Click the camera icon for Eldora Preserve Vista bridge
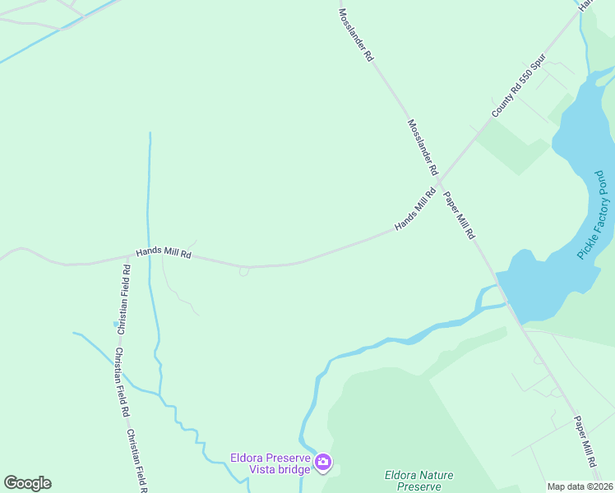click(322, 463)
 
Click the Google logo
click(27, 483)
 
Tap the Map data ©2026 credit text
click(580, 486)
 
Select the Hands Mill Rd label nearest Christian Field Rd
click(164, 254)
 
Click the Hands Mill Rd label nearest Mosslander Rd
click(414, 210)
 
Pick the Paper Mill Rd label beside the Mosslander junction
click(460, 215)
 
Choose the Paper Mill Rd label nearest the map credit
click(585, 440)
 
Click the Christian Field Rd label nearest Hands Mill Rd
click(123, 300)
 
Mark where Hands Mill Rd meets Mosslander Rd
click(440, 182)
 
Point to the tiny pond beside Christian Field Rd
click(116, 324)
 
